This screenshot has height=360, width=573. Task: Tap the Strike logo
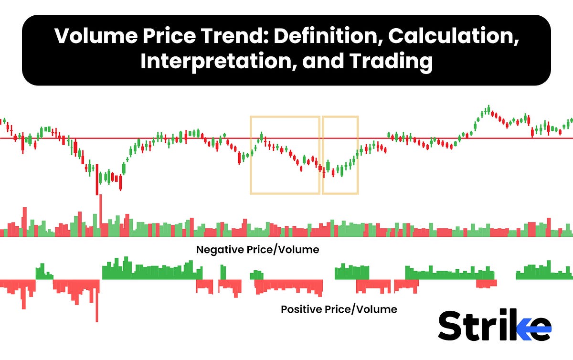click(x=494, y=326)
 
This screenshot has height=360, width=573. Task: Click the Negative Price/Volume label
click(x=257, y=250)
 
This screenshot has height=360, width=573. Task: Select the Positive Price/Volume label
click(x=339, y=309)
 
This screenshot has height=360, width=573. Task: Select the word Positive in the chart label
click(x=299, y=309)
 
